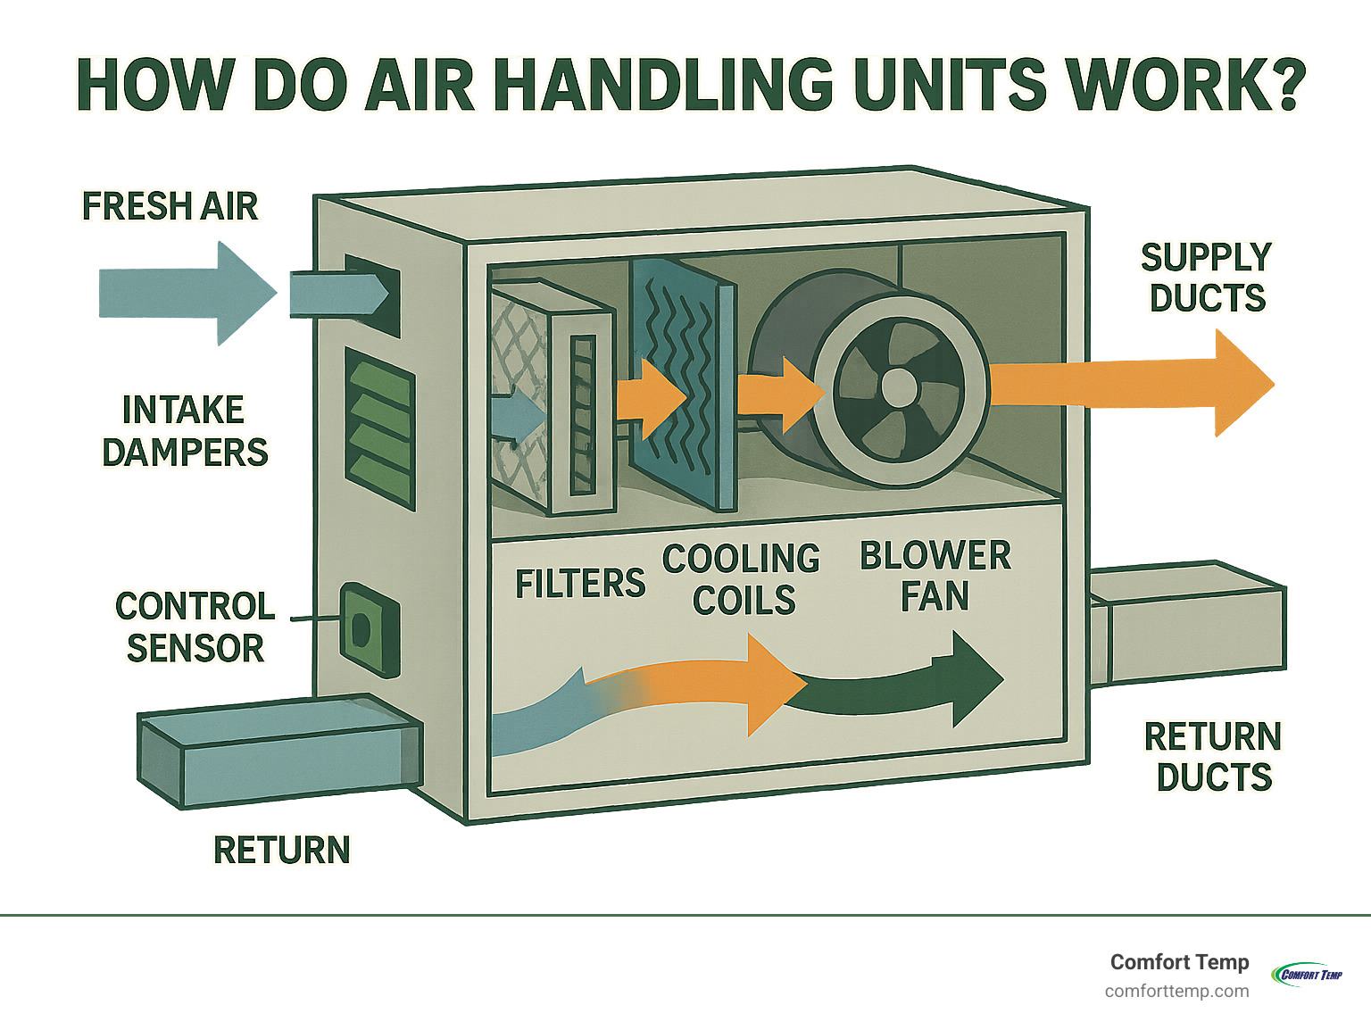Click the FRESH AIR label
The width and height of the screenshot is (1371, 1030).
(170, 206)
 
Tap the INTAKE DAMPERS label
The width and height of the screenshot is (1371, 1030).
(184, 431)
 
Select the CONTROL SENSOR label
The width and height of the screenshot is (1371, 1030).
(195, 627)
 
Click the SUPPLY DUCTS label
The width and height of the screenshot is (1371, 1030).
(1207, 278)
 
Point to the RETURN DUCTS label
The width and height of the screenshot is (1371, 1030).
(1213, 757)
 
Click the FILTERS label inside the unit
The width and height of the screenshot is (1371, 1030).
(580, 584)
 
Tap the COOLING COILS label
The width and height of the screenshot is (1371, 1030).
(741, 579)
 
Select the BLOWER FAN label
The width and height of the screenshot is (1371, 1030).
(935, 576)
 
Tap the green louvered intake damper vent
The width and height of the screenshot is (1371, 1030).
(380, 428)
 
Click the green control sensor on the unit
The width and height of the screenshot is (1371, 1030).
(369, 629)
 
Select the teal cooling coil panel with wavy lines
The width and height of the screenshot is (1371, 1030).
(683, 384)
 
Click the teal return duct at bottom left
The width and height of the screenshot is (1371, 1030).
(277, 752)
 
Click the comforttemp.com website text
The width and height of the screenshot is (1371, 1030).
(1176, 991)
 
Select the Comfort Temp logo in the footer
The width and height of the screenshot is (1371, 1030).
(1307, 974)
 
